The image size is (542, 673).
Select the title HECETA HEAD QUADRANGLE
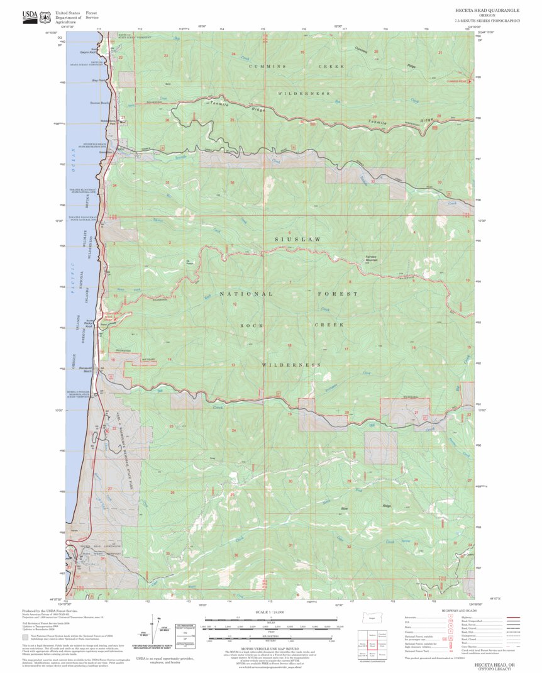[487, 11]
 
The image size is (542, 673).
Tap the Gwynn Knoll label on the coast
[89, 52]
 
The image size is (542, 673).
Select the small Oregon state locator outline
[371, 618]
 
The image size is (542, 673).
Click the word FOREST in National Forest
[338, 294]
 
